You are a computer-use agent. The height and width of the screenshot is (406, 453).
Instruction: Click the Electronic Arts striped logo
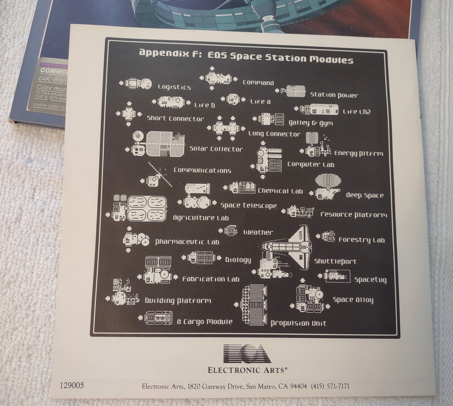pyautogui.click(x=247, y=354)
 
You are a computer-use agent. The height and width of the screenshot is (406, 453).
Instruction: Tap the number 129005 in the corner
pyautogui.click(x=72, y=385)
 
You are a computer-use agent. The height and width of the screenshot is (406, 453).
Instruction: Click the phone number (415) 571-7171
pyautogui.click(x=330, y=386)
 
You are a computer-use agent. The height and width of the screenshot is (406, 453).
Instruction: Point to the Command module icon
pyautogui.click(x=218, y=78)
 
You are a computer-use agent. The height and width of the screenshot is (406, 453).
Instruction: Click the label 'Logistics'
pyautogui.click(x=174, y=87)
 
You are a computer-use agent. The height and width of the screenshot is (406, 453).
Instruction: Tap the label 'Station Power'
pyautogui.click(x=334, y=95)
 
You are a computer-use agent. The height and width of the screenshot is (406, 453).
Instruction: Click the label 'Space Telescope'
pyautogui.click(x=249, y=206)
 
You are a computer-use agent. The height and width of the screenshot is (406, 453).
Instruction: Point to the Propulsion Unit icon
pyautogui.click(x=254, y=305)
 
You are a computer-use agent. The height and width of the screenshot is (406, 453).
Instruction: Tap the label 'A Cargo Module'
pyautogui.click(x=205, y=322)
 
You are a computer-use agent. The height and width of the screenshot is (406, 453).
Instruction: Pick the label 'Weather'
pyautogui.click(x=258, y=232)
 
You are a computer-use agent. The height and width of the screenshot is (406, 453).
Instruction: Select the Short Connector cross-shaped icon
pyautogui.click(x=129, y=114)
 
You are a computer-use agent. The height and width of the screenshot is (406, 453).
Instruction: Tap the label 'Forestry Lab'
pyautogui.click(x=362, y=240)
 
